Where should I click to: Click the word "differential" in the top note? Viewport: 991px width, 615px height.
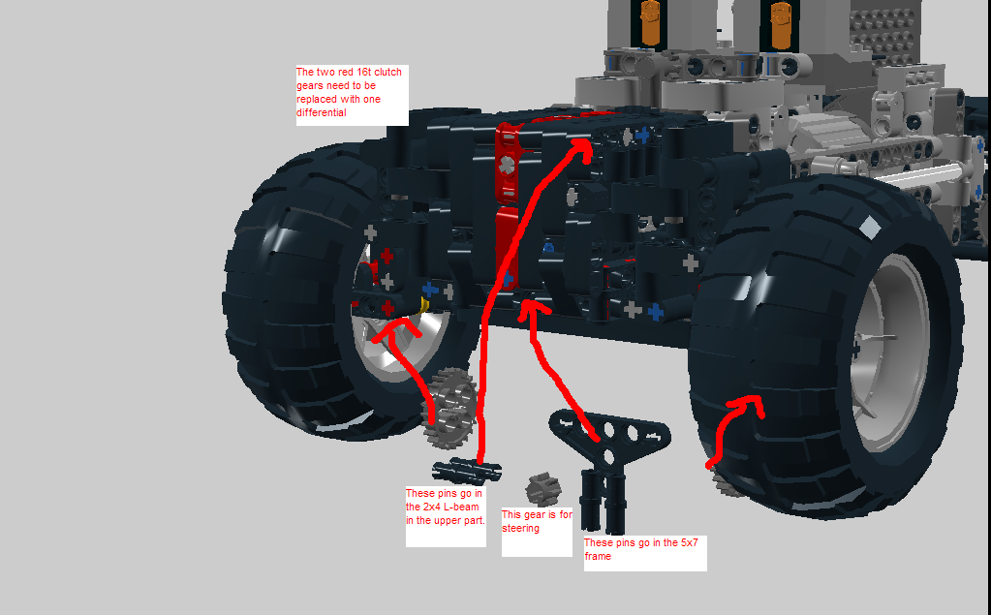pos(322,112)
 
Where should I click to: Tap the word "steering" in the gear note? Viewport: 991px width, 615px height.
pos(521,528)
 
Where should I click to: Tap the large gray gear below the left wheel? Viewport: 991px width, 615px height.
pos(449,407)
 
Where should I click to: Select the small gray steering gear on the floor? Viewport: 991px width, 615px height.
pos(543,489)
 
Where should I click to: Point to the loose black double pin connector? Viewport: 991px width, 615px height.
pos(467,471)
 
